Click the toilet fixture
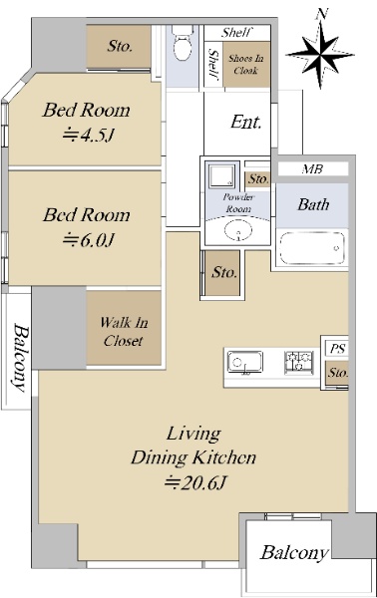[182, 43]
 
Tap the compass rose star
[320, 55]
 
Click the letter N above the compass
[322, 15]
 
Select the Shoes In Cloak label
[245, 65]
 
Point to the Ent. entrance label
[246, 122]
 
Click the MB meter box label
[312, 169]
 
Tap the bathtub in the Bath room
[312, 248]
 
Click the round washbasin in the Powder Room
[238, 231]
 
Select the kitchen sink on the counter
[245, 362]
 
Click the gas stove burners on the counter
[298, 362]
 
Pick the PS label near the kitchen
[337, 348]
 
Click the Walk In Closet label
[124, 332]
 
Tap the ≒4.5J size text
[89, 135]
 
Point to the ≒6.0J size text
[89, 240]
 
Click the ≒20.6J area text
[195, 482]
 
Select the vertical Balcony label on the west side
[21, 358]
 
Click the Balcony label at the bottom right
[294, 552]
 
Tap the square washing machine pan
[221, 175]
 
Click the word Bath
[313, 204]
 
